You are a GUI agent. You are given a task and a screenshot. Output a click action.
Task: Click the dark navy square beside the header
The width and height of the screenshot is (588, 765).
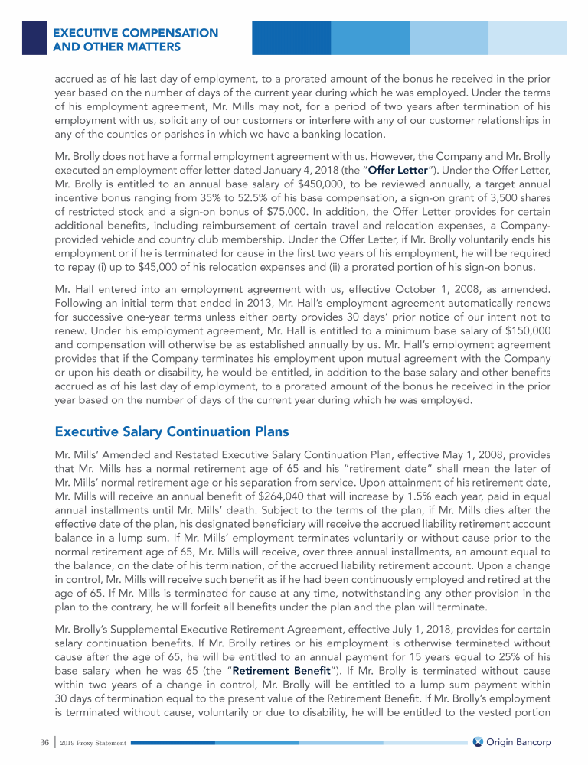(x=34, y=38)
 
